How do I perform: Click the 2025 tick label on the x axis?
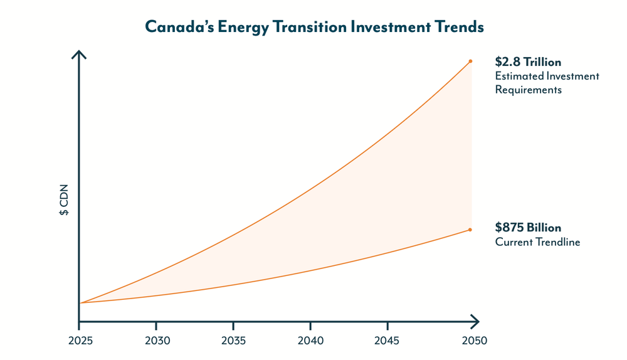(x=79, y=341)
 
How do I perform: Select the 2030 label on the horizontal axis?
(x=156, y=341)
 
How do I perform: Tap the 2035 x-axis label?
(x=233, y=341)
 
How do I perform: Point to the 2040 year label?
(x=310, y=341)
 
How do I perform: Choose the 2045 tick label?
(x=387, y=341)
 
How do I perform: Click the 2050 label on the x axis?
(x=472, y=341)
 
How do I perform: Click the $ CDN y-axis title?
(x=64, y=200)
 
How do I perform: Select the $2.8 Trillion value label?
(x=528, y=62)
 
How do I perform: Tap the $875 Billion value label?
(x=528, y=228)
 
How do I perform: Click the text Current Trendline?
(x=537, y=242)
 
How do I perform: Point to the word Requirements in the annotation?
(x=528, y=90)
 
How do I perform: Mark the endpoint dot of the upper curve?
(x=470, y=61)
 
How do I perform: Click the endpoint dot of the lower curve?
(x=470, y=230)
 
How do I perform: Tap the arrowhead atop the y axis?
(x=79, y=55)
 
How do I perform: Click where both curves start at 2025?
(x=80, y=303)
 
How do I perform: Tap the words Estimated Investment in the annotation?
(x=547, y=76)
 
